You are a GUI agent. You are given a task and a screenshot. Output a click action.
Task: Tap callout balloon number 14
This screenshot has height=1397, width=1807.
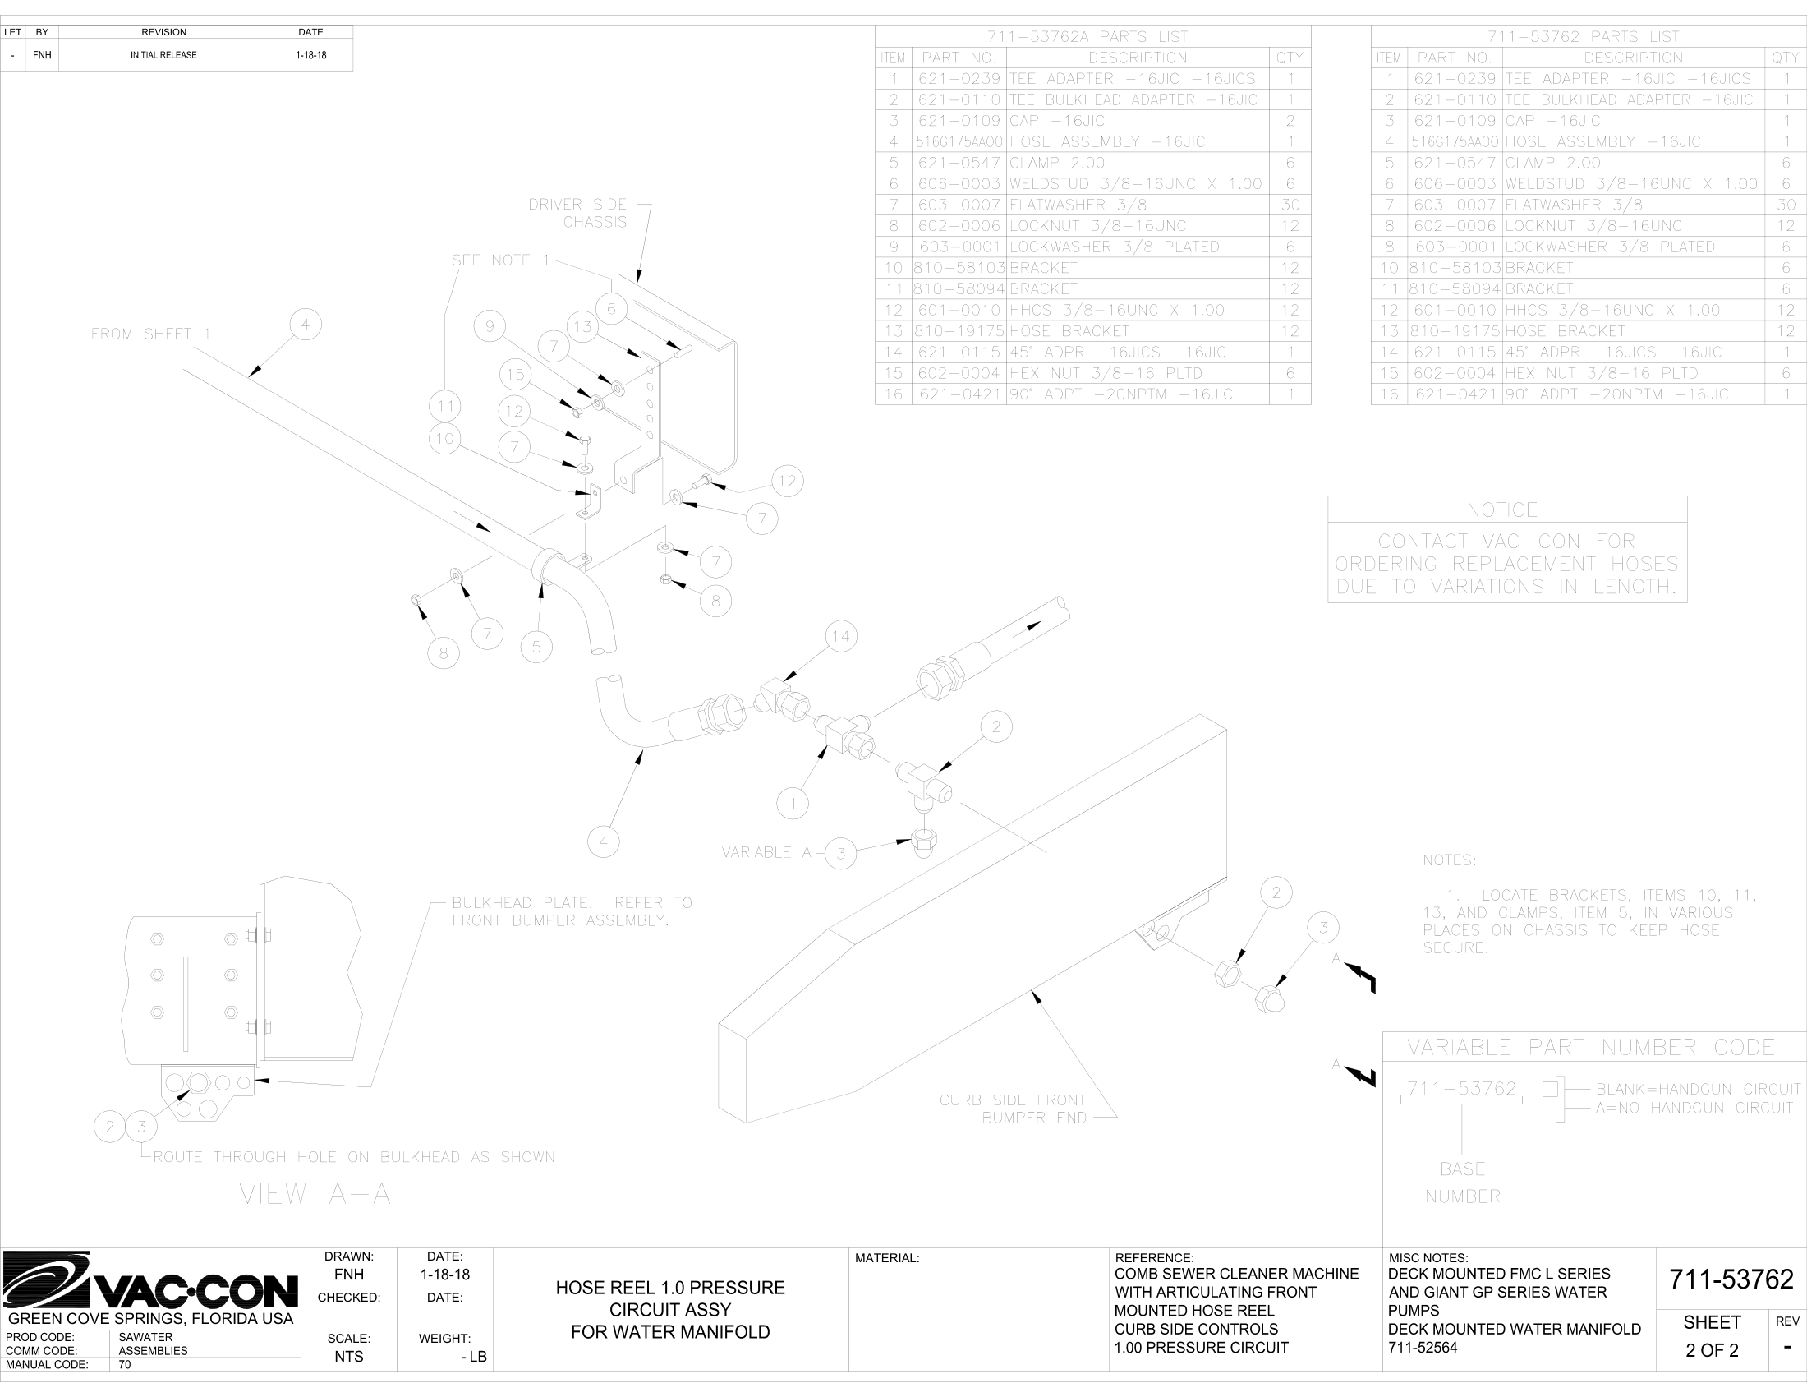point(840,636)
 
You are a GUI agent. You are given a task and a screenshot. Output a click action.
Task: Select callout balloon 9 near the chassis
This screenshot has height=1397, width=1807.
point(490,326)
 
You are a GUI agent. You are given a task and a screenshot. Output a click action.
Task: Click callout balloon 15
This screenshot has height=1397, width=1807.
point(516,374)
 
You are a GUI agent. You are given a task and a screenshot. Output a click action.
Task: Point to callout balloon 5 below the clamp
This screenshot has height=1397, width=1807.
point(537,647)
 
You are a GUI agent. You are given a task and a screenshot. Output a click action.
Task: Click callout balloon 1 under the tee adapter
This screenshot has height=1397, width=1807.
point(793,803)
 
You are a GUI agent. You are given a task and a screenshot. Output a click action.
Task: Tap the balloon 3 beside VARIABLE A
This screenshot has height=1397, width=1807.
point(841,853)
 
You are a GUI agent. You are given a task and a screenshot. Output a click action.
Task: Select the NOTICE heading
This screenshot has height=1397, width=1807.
point(1501,509)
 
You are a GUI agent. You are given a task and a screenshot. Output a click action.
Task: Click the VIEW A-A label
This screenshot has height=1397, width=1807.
point(315,1193)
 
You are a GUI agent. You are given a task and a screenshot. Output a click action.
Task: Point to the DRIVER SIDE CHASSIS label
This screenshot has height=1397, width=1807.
point(577,213)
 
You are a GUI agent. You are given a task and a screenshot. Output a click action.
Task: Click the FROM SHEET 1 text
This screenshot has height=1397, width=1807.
point(150,334)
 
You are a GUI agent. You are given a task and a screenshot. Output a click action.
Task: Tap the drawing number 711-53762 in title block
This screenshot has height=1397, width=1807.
point(1731,1279)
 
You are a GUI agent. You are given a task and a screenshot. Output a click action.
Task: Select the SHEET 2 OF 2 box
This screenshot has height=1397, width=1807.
point(1712,1335)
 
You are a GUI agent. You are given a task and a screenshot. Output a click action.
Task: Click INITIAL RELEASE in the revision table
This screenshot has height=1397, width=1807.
point(163,55)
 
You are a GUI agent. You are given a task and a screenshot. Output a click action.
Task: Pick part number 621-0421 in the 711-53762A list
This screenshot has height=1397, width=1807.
point(959,394)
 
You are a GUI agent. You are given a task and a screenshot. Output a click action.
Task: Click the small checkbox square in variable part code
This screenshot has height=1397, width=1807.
point(1550,1089)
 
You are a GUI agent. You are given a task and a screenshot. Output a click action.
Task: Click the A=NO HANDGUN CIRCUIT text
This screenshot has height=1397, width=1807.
point(1694,1108)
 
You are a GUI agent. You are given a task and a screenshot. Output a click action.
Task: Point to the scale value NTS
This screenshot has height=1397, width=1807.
point(348,1357)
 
